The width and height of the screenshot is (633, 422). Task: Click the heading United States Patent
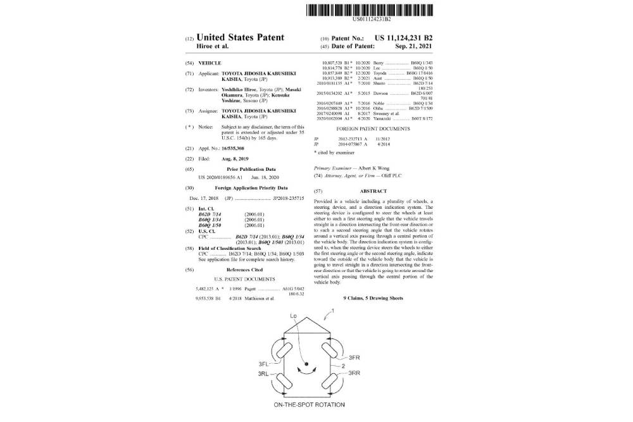point(241,37)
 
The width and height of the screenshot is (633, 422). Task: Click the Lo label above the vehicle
point(293,315)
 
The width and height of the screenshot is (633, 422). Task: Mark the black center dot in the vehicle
point(306,364)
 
